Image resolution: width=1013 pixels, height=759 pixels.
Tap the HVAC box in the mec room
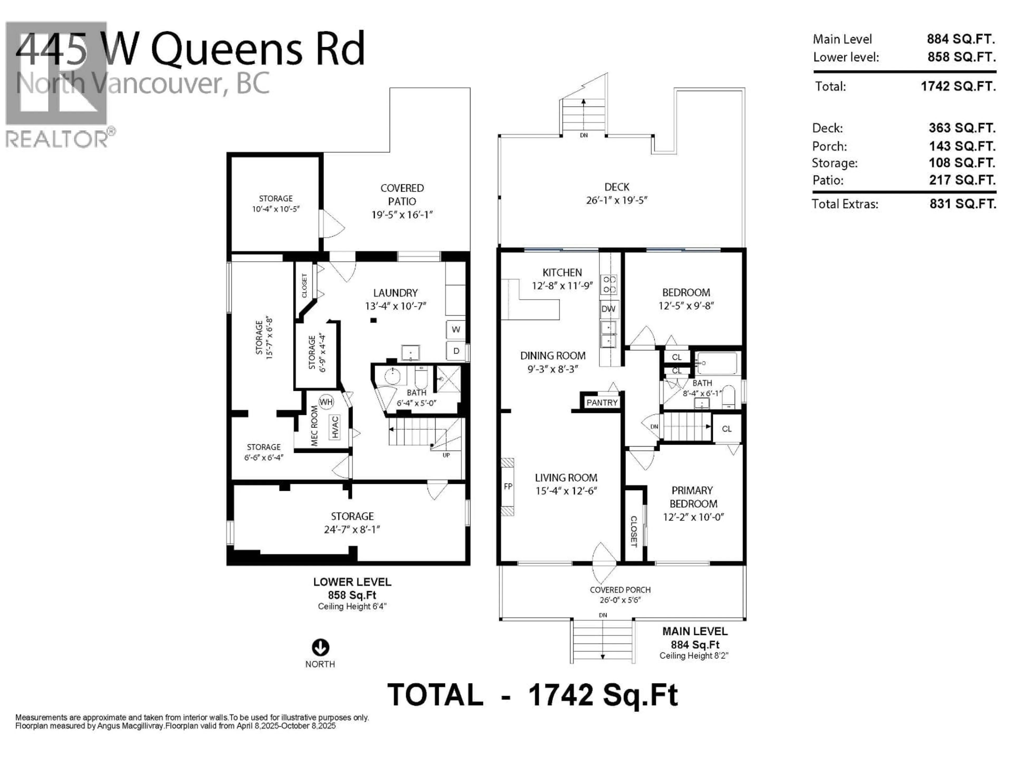click(x=335, y=427)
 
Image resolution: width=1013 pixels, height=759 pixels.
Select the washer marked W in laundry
click(x=456, y=329)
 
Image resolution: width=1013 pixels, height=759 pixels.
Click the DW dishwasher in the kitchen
click(x=608, y=309)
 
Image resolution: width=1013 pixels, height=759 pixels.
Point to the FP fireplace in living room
click(x=507, y=486)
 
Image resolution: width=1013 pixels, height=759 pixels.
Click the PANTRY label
click(x=602, y=403)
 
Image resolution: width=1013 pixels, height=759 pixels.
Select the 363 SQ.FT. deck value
click(x=962, y=128)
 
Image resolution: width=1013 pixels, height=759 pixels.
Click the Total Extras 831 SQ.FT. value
click(x=963, y=204)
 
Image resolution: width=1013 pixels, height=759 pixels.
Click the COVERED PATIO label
click(x=402, y=194)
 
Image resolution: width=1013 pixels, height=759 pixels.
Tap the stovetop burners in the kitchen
click(x=609, y=284)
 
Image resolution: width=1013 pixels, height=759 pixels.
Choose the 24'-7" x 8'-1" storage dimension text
click(x=352, y=529)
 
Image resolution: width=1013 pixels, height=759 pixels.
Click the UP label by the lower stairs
click(x=446, y=455)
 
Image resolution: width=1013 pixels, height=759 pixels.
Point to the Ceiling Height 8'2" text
click(x=693, y=656)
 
